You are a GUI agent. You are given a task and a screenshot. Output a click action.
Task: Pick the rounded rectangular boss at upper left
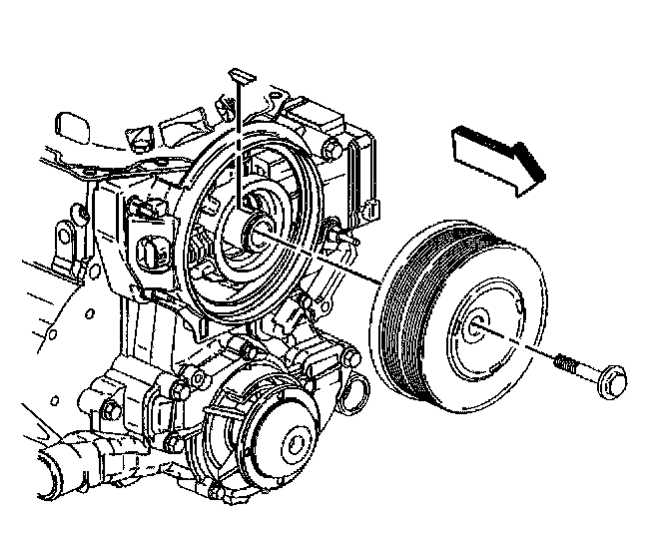[x=70, y=127]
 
